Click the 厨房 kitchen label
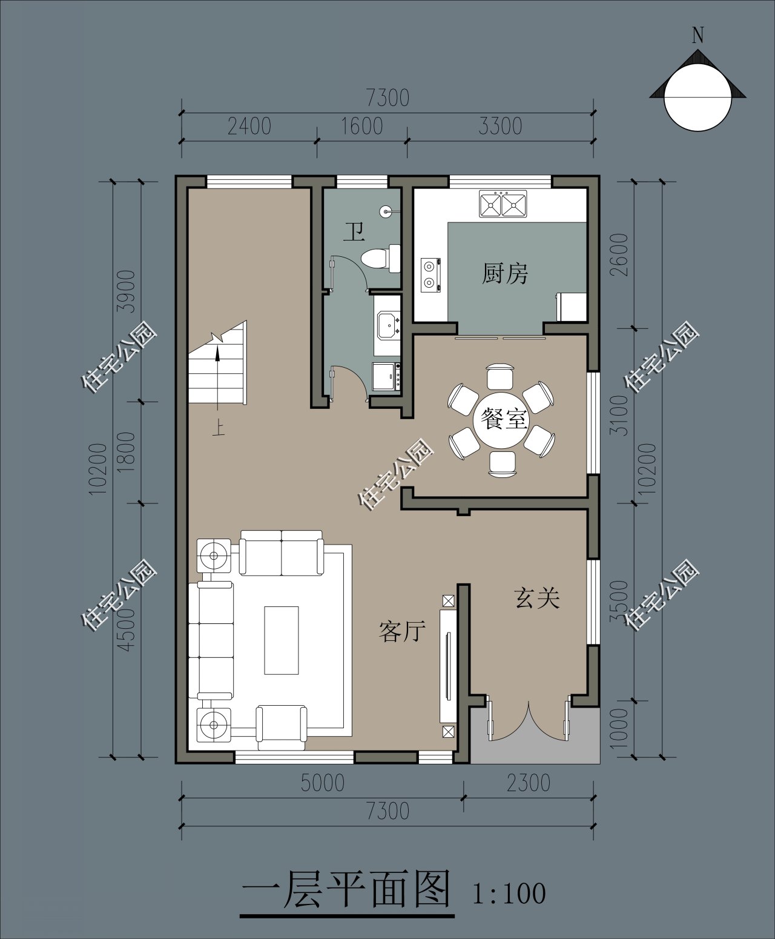[505, 273]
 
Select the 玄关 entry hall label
[537, 598]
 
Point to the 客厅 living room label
[402, 631]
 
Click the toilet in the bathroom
[381, 258]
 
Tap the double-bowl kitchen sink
[503, 204]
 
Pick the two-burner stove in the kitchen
[430, 274]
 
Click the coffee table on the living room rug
[282, 640]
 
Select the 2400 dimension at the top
[249, 127]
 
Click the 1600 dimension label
[362, 127]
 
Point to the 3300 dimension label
[500, 127]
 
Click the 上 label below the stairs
[219, 429]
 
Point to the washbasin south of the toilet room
[388, 325]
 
